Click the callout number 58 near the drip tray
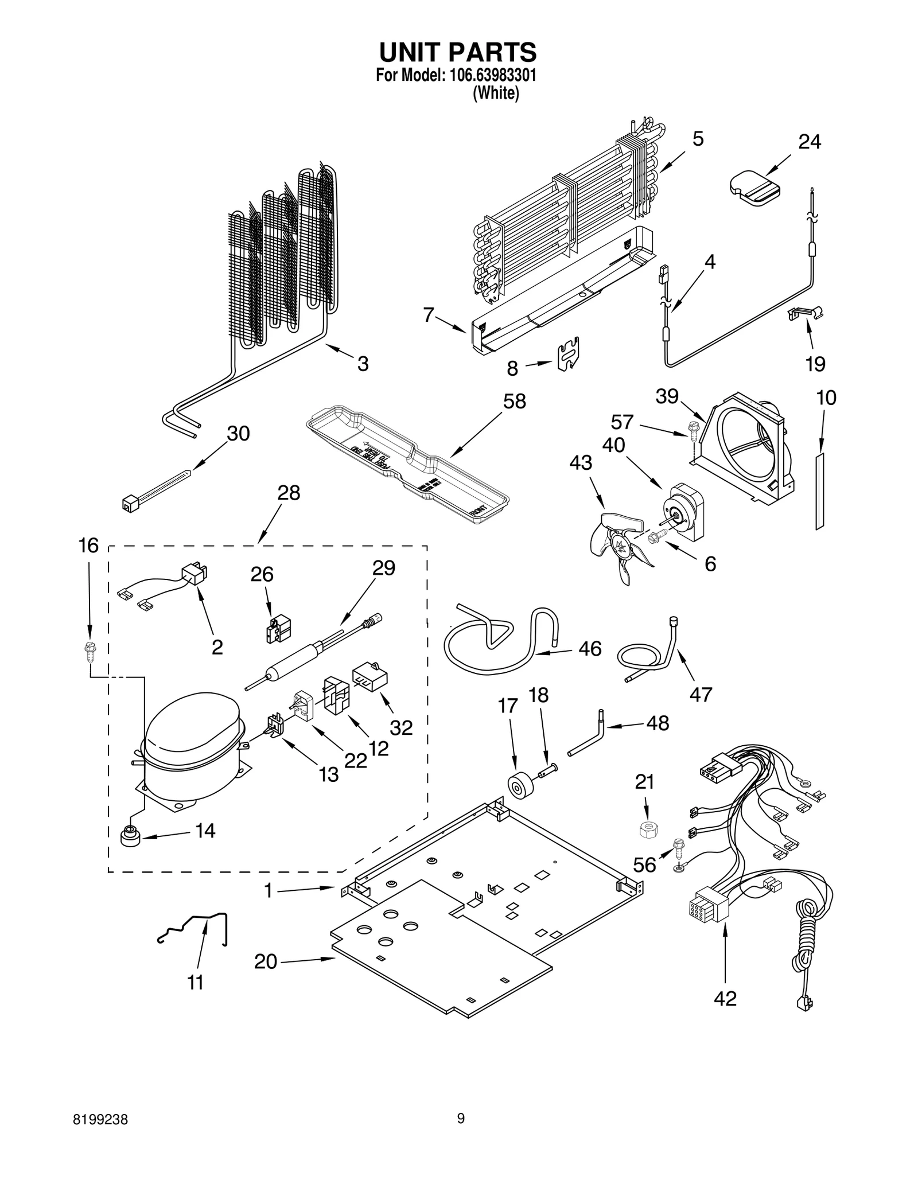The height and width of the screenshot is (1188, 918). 514,402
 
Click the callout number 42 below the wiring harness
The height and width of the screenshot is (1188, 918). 725,999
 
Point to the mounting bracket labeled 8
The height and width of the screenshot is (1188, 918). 568,354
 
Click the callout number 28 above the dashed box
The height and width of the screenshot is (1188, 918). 289,493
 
